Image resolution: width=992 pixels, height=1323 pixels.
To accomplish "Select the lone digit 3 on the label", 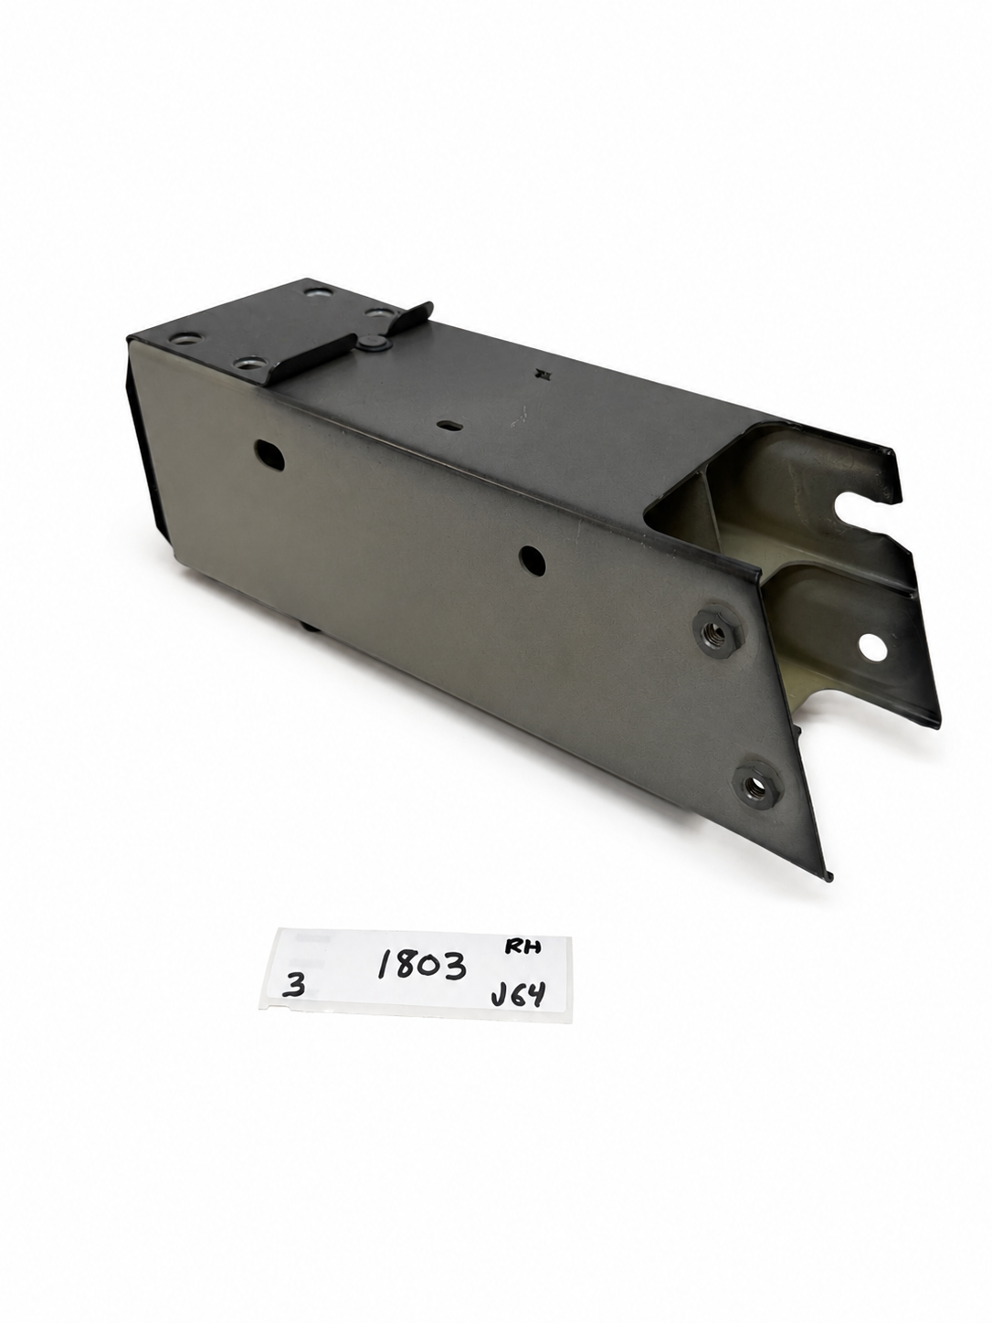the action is [294, 986].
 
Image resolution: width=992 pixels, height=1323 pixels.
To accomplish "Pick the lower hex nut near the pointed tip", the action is [757, 786].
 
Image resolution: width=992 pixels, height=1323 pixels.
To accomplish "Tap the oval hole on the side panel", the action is [269, 455].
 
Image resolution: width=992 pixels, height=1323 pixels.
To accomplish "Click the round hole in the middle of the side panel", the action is [532, 560].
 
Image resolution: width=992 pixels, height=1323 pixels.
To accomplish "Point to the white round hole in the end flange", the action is [872, 649].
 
